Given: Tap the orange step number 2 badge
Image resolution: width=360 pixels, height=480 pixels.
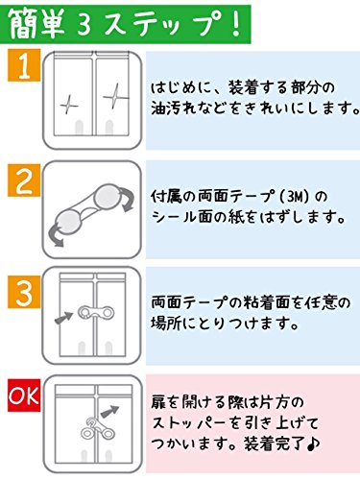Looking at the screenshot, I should (21, 181).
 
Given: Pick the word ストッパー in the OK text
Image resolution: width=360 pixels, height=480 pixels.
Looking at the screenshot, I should (199, 424).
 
